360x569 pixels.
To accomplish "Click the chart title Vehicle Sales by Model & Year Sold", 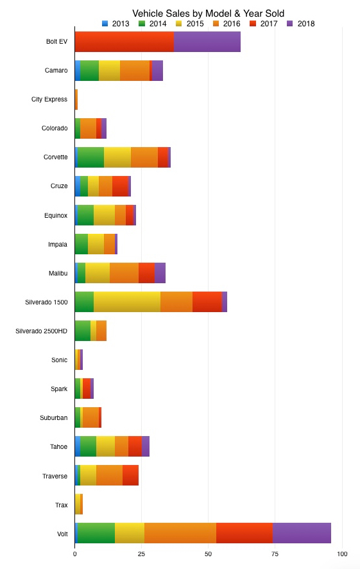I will (x=208, y=13).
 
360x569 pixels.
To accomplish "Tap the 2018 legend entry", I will (x=300, y=24).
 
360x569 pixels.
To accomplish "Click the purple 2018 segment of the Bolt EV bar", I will (x=207, y=42).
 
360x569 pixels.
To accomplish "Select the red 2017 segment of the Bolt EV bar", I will (x=124, y=42).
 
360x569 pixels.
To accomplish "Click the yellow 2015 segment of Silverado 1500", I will (x=127, y=302).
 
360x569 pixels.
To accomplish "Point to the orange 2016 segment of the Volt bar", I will (x=180, y=533).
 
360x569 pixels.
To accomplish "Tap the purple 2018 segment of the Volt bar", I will (x=302, y=533).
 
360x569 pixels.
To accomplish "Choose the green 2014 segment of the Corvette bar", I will (x=90, y=157).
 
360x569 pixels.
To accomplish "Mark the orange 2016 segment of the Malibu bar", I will (x=124, y=273).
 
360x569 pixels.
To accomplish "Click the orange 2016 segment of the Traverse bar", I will (x=109, y=475).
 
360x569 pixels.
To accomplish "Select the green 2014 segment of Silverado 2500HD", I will (x=83, y=331).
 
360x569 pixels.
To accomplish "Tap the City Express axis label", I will (x=49, y=100).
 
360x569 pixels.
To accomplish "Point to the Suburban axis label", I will (x=54, y=417).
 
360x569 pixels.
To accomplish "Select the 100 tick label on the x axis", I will (x=343, y=554).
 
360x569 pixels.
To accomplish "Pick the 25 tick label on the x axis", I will (x=142, y=554).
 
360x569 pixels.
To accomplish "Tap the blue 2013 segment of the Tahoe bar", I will (x=78, y=446).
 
